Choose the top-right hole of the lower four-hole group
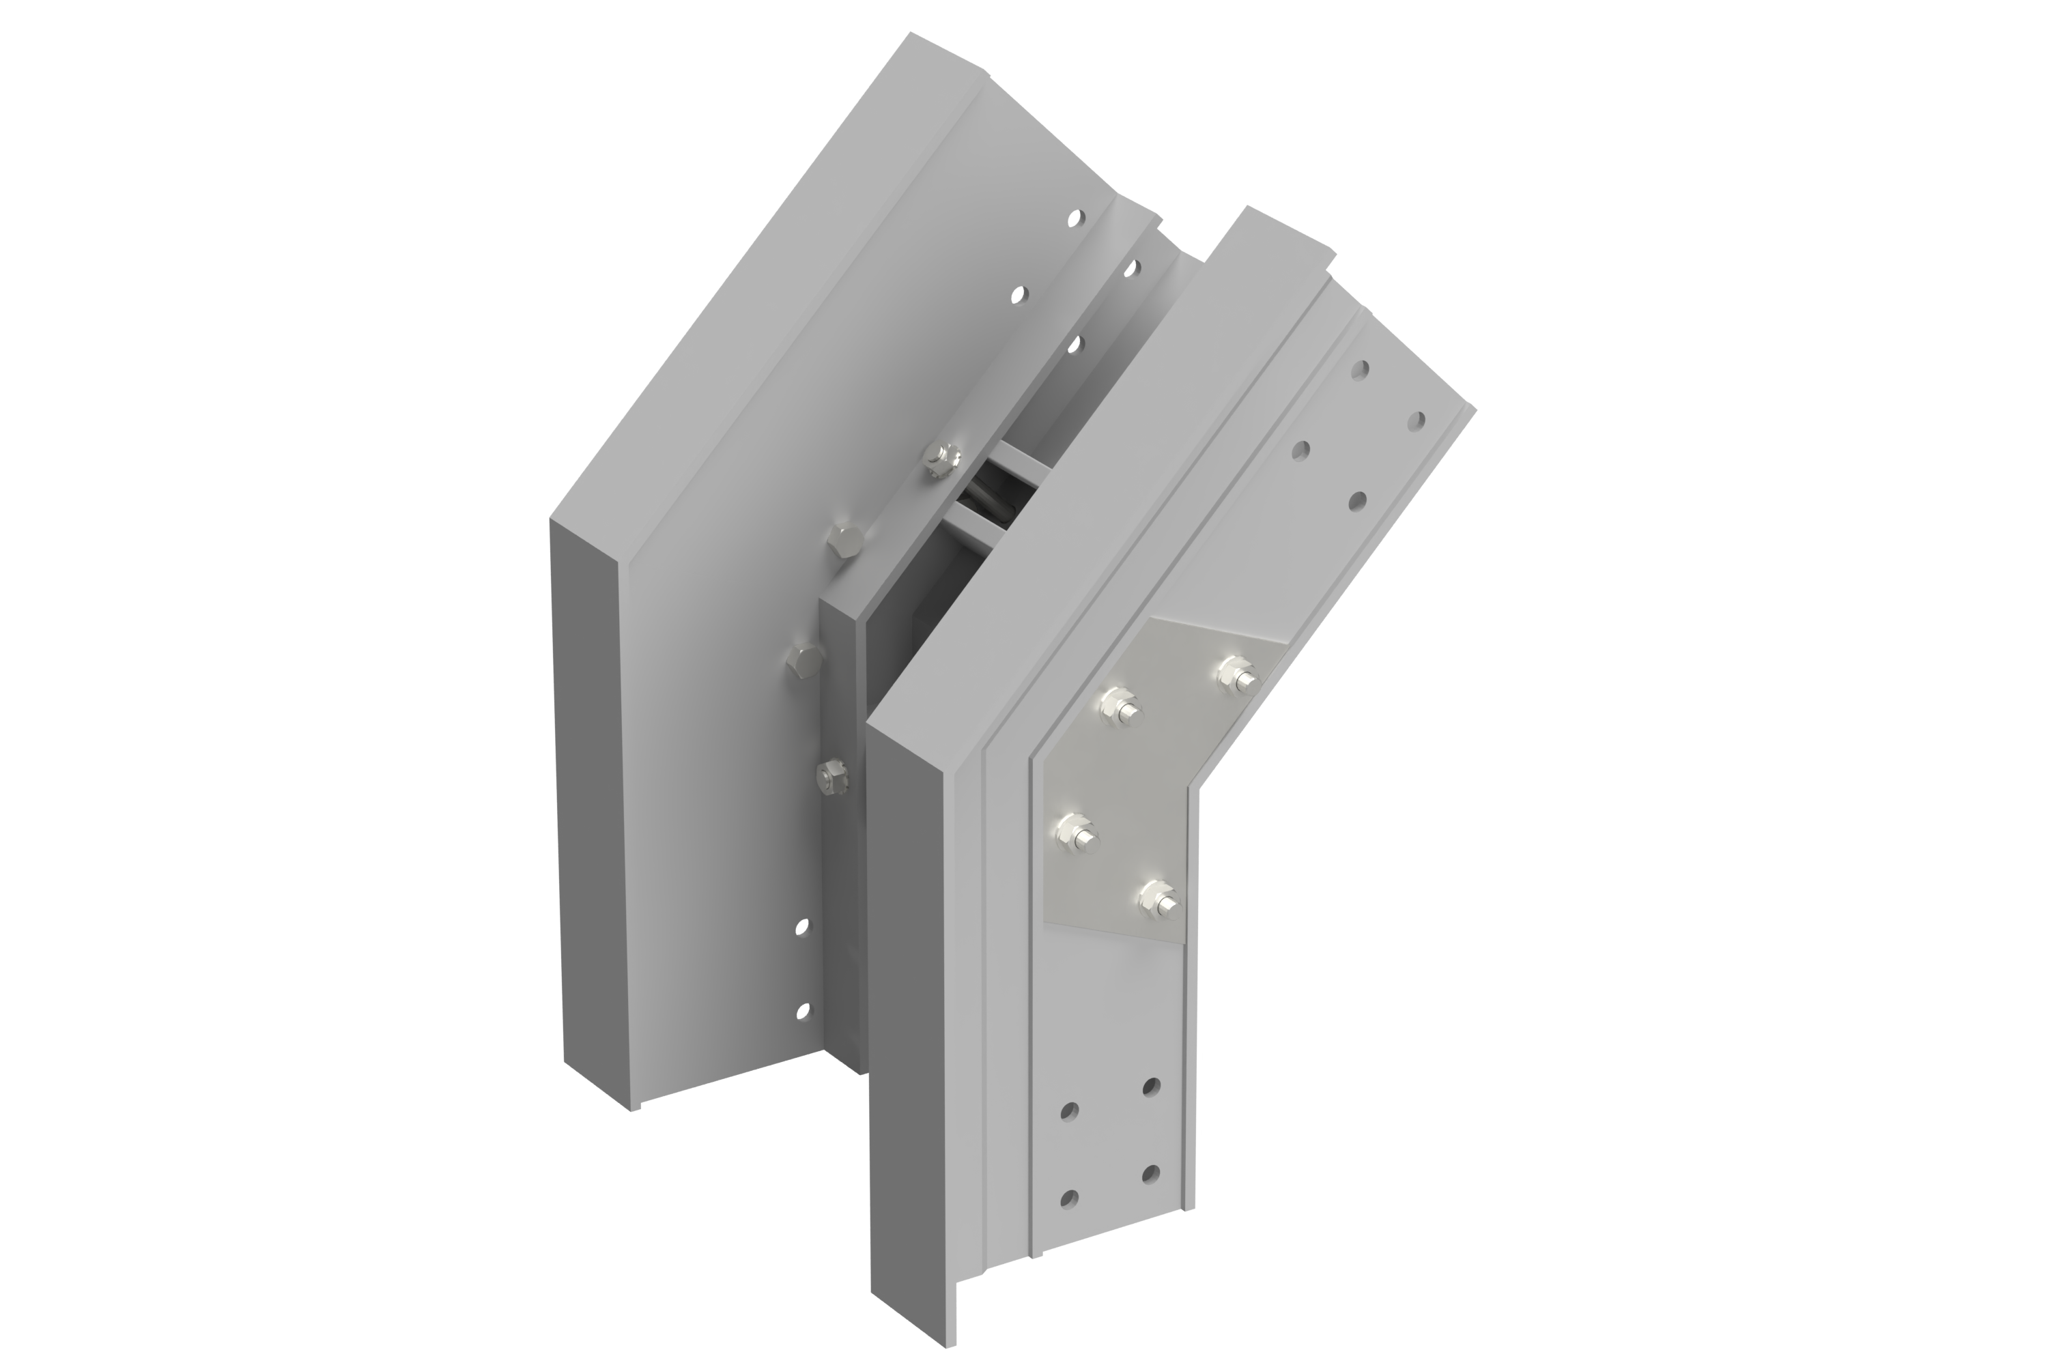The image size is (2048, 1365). click(x=1151, y=1084)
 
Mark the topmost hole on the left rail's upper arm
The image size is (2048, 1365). click(x=1081, y=217)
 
